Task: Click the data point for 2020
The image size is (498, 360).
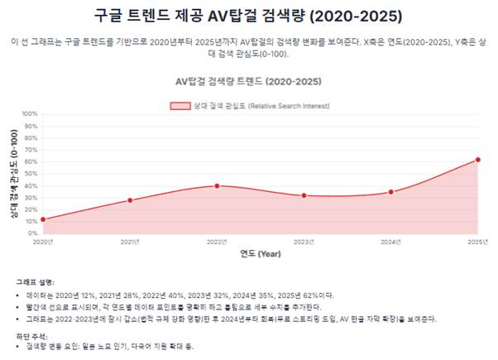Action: (43, 219)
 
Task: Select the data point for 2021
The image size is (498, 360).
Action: (130, 200)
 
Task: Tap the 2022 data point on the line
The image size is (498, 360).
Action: (217, 185)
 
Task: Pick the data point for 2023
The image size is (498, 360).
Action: (304, 195)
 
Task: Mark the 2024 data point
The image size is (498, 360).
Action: (390, 192)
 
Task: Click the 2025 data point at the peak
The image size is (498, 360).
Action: (477, 160)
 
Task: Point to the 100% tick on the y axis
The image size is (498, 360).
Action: (30, 114)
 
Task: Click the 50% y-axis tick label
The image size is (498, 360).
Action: (30, 174)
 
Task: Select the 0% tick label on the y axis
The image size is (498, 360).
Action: (31, 233)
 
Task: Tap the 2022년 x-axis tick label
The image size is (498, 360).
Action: (217, 242)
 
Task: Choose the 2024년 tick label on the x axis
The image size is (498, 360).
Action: (390, 242)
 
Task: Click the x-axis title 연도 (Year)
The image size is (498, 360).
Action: (260, 253)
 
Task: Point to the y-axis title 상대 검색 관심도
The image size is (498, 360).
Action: (14, 174)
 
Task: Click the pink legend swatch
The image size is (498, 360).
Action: (180, 106)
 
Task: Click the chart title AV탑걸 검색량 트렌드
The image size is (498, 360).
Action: (248, 82)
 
